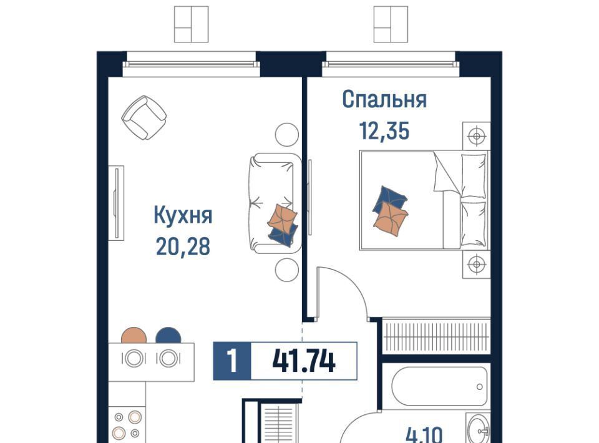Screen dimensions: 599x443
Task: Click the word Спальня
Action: click(x=384, y=100)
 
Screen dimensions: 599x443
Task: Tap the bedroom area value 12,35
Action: click(x=384, y=130)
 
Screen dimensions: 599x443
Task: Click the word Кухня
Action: click(x=183, y=216)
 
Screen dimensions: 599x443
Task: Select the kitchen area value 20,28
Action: click(x=183, y=246)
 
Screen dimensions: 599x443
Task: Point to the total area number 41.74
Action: click(x=304, y=361)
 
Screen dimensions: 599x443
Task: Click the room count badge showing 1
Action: click(x=232, y=361)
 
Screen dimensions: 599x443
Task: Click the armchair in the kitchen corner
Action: click(x=144, y=117)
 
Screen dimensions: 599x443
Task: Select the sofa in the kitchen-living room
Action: click(x=275, y=203)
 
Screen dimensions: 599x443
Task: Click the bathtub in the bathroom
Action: click(x=439, y=386)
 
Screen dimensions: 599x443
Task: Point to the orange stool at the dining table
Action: click(x=134, y=336)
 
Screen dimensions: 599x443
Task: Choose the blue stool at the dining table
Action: click(x=168, y=336)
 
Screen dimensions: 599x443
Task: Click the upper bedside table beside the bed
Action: click(x=476, y=135)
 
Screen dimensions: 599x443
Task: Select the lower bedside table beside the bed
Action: click(x=476, y=265)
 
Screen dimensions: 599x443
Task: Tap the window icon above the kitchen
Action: click(x=191, y=24)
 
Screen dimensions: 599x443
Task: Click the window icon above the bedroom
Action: click(x=391, y=24)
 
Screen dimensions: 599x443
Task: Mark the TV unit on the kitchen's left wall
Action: click(x=117, y=203)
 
